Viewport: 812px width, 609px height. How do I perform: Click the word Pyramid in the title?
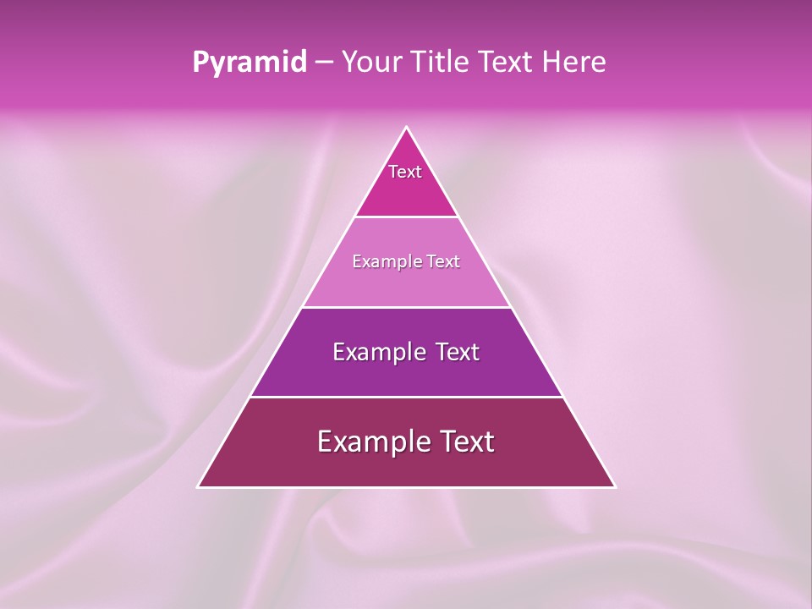[249, 63]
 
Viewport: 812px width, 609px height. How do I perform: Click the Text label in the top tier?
[405, 172]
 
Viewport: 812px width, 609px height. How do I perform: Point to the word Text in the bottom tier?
[465, 442]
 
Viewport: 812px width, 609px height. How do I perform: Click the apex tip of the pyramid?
[406, 128]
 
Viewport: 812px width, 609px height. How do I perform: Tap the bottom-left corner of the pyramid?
[199, 486]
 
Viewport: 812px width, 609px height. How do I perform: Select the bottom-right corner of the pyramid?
[614, 486]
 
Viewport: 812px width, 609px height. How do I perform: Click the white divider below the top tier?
[406, 217]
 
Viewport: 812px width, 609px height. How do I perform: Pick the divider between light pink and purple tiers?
[406, 307]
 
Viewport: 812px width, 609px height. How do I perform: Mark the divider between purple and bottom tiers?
[406, 397]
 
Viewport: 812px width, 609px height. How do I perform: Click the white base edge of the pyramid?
[406, 487]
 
